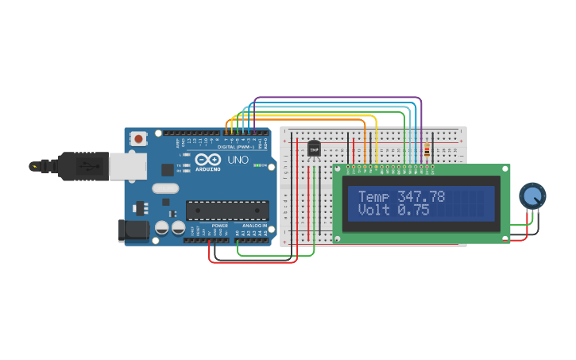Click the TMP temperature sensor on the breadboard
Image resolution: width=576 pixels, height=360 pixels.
click(x=314, y=149)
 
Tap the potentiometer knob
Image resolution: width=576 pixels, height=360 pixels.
click(x=532, y=195)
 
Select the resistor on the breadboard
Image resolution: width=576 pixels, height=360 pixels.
click(x=427, y=150)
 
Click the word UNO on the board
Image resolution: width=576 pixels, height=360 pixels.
click(x=238, y=161)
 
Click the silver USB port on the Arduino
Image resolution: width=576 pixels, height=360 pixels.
click(x=127, y=166)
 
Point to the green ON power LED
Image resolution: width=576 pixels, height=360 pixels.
click(x=257, y=165)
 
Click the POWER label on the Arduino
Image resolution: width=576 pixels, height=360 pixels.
click(x=219, y=225)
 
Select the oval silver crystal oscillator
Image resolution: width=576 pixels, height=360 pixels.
click(x=165, y=188)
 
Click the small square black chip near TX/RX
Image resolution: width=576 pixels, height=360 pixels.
click(x=168, y=169)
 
